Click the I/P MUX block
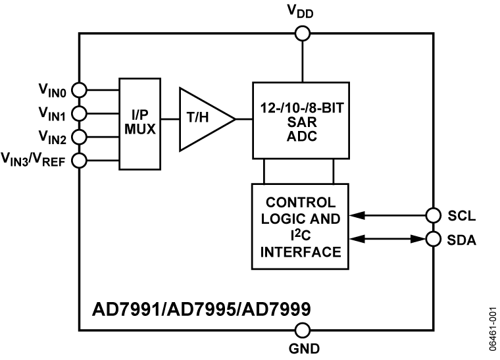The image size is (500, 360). point(140,124)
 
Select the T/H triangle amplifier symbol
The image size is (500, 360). point(203,119)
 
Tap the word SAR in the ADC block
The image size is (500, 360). point(302,124)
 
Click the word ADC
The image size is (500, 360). point(302,137)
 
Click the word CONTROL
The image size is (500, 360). point(300,203)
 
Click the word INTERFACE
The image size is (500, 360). point(300,252)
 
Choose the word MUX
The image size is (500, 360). point(140,130)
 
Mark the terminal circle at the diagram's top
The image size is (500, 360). point(303,34)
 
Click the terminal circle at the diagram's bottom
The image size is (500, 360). point(303,330)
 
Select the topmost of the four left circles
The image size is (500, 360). point(80,90)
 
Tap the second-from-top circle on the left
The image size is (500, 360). point(80,114)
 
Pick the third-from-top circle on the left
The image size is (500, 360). point(80,137)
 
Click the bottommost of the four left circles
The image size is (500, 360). point(80,160)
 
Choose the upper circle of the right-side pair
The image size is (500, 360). point(433,215)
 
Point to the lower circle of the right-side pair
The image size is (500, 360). point(433,238)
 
